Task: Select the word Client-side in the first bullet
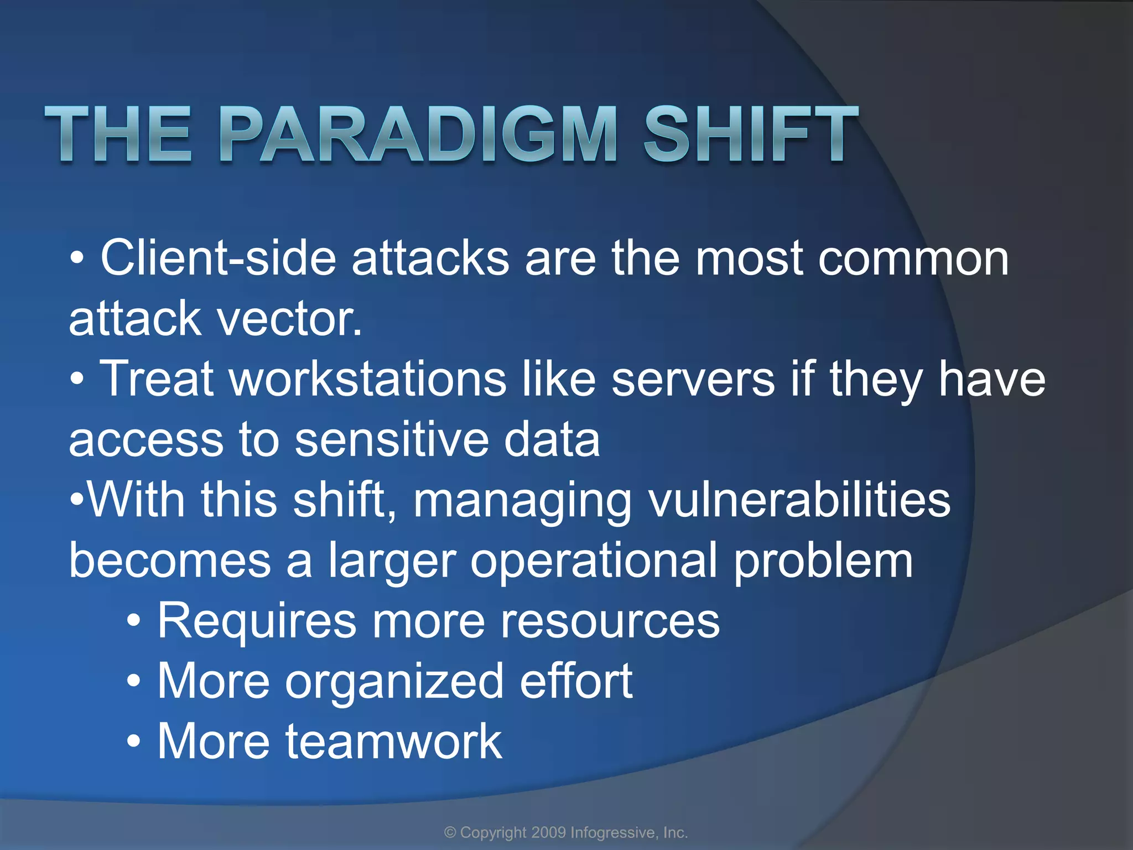219,258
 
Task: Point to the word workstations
368,379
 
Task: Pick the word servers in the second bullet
693,379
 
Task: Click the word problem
823,561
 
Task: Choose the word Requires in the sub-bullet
257,621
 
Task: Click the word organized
394,682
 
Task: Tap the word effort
576,682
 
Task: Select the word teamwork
393,742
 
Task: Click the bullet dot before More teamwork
133,742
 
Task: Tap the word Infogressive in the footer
612,833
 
